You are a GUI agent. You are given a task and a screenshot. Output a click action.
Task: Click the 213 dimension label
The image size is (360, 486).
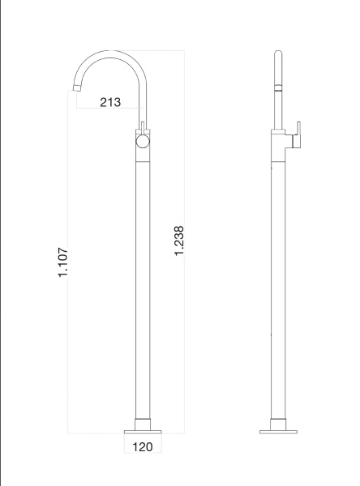pyautogui.click(x=110, y=102)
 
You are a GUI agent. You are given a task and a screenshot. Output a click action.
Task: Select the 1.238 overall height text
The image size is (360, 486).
pyautogui.click(x=180, y=242)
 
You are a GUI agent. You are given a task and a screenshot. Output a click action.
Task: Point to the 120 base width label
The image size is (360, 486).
pyautogui.click(x=142, y=446)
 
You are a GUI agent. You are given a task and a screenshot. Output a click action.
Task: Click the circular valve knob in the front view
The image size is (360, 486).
pyautogui.click(x=143, y=142)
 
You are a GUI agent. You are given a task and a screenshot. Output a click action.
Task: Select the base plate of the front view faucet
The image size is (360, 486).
pyautogui.click(x=143, y=429)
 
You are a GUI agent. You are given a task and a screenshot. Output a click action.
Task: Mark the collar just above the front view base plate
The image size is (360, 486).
pyautogui.click(x=143, y=421)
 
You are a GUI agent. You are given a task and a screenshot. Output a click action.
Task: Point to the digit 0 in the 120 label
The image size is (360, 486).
pyautogui.click(x=150, y=446)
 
